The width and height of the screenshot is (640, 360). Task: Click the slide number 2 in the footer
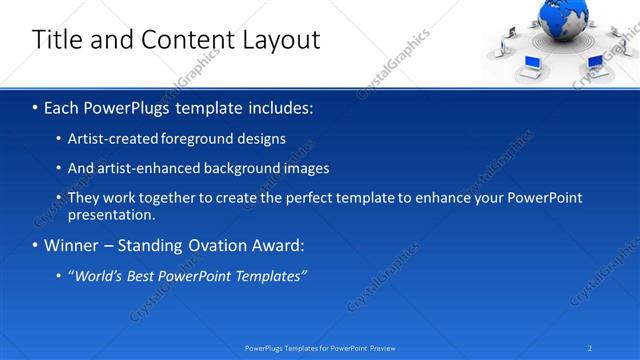pos(590,348)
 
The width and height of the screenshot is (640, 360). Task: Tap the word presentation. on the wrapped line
pos(112,215)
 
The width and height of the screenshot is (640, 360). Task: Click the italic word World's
pos(97,277)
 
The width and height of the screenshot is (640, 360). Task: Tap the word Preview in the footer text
pos(381,348)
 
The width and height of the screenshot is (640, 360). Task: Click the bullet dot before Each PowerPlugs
pos(35,107)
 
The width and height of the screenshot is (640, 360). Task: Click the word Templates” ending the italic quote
pos(270,277)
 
